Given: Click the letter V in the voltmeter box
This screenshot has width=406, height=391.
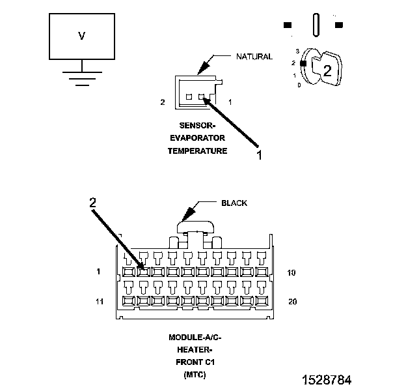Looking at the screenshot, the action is (81, 36).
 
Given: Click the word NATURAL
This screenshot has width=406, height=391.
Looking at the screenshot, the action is (254, 57).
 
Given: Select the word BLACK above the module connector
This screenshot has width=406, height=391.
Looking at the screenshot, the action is (234, 203).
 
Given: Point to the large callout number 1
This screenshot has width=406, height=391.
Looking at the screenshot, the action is (259, 155).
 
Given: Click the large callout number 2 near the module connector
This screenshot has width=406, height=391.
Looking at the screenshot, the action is (92, 202).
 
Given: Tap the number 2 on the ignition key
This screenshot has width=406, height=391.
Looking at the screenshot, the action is (327, 70).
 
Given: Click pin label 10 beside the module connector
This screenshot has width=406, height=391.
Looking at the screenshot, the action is (291, 272).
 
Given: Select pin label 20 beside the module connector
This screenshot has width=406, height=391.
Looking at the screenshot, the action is (293, 302).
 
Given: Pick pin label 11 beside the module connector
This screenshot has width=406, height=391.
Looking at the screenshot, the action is (100, 302).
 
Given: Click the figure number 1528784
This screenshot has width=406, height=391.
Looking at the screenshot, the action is (327, 380).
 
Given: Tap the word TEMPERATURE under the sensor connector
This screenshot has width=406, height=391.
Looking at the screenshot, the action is (197, 151).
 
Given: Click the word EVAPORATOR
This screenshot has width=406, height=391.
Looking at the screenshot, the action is (197, 138).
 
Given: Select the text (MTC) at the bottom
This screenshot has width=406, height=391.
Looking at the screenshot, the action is (195, 375).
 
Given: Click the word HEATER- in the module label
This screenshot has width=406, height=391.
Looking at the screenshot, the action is (195, 349).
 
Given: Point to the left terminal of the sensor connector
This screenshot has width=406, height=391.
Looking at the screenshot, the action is (189, 97).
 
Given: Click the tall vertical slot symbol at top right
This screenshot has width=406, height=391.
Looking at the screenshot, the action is (316, 25).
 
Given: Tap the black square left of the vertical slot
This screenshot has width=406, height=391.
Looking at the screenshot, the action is (288, 25).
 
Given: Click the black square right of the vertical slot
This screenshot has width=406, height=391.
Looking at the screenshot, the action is (339, 25).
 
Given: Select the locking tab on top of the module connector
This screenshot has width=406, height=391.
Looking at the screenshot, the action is (195, 227).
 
